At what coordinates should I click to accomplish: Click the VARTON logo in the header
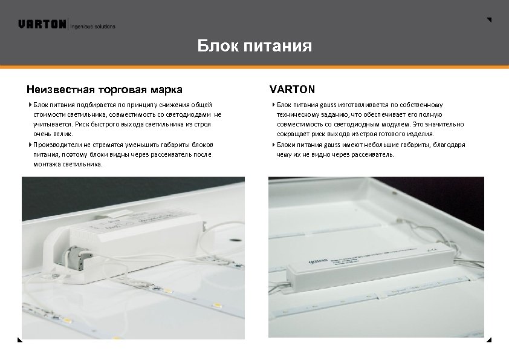[42, 24]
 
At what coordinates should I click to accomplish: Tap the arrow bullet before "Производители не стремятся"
[30, 145]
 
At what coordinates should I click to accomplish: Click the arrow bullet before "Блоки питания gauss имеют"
[274, 145]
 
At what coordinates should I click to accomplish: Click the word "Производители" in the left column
[55, 145]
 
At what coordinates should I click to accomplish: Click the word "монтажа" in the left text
[46, 165]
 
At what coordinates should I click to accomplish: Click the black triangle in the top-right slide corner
[489, 20]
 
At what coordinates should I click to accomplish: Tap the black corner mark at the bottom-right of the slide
[488, 341]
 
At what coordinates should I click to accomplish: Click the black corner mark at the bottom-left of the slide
[20, 341]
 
